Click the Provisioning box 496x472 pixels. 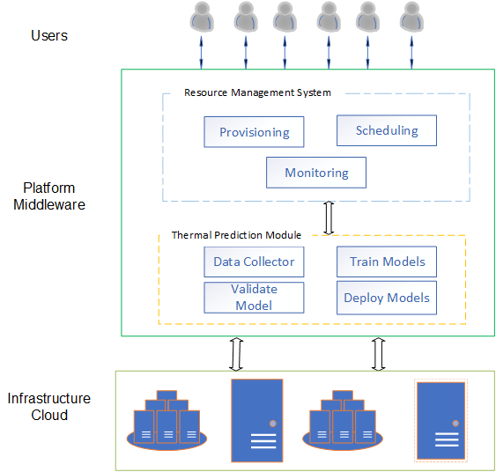click(254, 132)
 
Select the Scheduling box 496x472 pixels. click(387, 130)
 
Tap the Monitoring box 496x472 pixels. click(316, 173)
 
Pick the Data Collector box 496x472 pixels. click(254, 262)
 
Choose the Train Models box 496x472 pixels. click(387, 262)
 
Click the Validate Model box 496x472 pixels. click(254, 298)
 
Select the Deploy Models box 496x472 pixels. click(387, 298)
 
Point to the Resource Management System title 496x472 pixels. click(257, 92)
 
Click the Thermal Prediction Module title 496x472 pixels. click(236, 235)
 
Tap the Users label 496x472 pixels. click(49, 35)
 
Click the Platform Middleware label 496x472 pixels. click(49, 196)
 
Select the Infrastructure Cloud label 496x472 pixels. click(49, 407)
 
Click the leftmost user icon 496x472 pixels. click(202, 17)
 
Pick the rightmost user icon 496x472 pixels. click(411, 17)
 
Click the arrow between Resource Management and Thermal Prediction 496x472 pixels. click(329, 218)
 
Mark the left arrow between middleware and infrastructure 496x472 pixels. click(236, 354)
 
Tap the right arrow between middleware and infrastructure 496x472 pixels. click(378, 354)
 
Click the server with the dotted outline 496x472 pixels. click(440, 420)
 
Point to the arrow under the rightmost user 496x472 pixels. click(411, 53)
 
